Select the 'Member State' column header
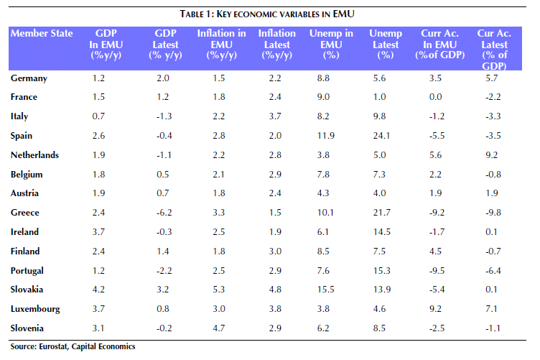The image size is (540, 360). click(42, 34)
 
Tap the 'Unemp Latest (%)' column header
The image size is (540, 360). click(386, 44)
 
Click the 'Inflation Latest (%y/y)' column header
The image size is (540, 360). click(277, 44)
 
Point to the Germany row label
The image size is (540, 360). click(29, 78)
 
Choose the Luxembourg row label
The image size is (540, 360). click(35, 309)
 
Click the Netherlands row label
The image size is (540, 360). click(34, 155)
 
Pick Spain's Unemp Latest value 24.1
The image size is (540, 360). click(381, 136)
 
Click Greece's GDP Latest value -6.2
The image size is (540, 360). click(164, 213)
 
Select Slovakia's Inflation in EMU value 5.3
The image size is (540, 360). click(219, 290)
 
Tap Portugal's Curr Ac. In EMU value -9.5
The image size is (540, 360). click(437, 271)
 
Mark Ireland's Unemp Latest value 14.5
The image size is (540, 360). click(381, 232)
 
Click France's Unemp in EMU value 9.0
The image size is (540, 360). click(323, 97)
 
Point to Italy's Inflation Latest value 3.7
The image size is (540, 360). click(275, 116)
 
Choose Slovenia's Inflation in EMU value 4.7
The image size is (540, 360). click(219, 328)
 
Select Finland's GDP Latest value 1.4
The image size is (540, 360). click(162, 251)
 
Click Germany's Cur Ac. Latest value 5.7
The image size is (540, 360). click(491, 78)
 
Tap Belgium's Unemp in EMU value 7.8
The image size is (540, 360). click(323, 175)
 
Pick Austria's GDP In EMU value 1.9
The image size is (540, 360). click(98, 193)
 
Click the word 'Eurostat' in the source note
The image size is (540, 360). click(53, 346)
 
